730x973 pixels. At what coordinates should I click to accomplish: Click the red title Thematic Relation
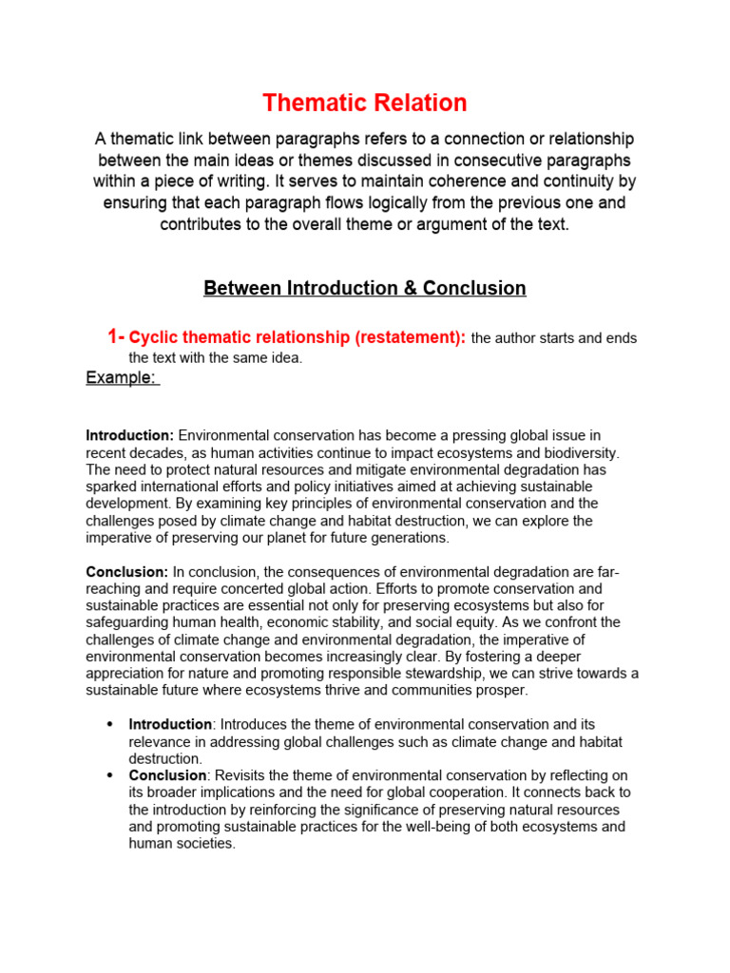365,103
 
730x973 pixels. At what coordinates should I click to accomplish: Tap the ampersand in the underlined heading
406,288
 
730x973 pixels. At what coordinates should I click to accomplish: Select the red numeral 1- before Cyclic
116,337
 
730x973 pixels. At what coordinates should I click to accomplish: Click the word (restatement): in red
410,338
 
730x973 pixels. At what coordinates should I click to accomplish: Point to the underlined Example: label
121,377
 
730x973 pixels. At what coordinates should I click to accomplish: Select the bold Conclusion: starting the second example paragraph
127,571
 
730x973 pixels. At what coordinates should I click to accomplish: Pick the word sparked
111,486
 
